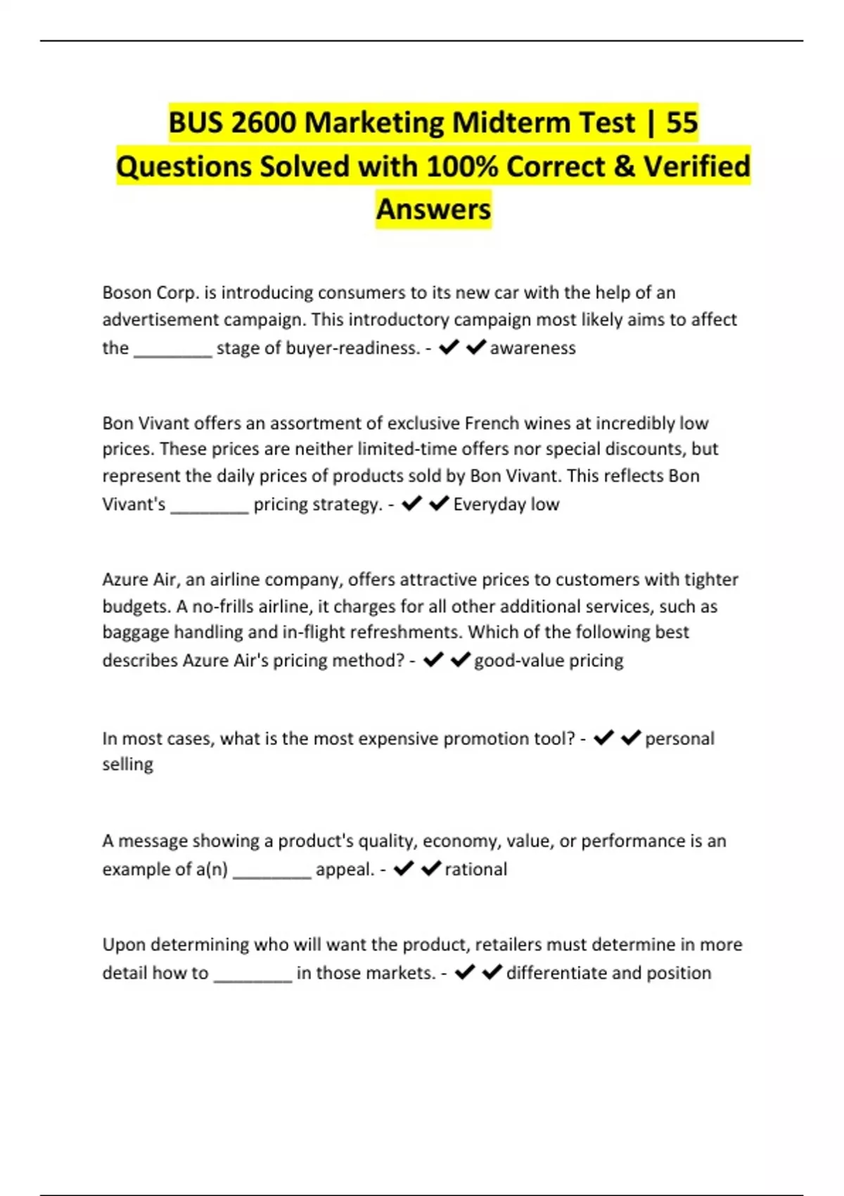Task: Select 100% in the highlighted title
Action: point(461,167)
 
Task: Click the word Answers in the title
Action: point(433,210)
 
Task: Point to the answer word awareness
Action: point(532,348)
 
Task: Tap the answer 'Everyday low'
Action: point(506,504)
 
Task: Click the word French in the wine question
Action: point(492,424)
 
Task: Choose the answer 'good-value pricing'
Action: point(549,661)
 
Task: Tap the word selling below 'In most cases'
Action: point(127,764)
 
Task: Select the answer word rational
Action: point(475,870)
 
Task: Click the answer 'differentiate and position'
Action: point(608,973)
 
